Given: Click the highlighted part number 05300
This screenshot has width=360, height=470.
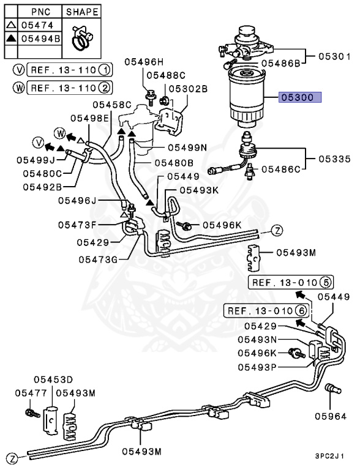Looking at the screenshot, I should click(296, 97).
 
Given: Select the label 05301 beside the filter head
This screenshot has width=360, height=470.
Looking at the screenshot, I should click(334, 57).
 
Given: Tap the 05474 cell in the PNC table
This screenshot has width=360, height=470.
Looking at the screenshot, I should click(37, 25).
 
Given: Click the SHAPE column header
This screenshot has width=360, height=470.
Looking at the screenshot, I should click(81, 12).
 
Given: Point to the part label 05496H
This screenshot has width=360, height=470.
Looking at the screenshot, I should click(144, 61).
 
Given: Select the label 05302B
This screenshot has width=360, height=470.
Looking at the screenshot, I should click(188, 89).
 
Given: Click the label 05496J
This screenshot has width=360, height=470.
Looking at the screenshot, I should click(78, 200).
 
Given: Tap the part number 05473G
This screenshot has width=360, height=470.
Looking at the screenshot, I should click(97, 259).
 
